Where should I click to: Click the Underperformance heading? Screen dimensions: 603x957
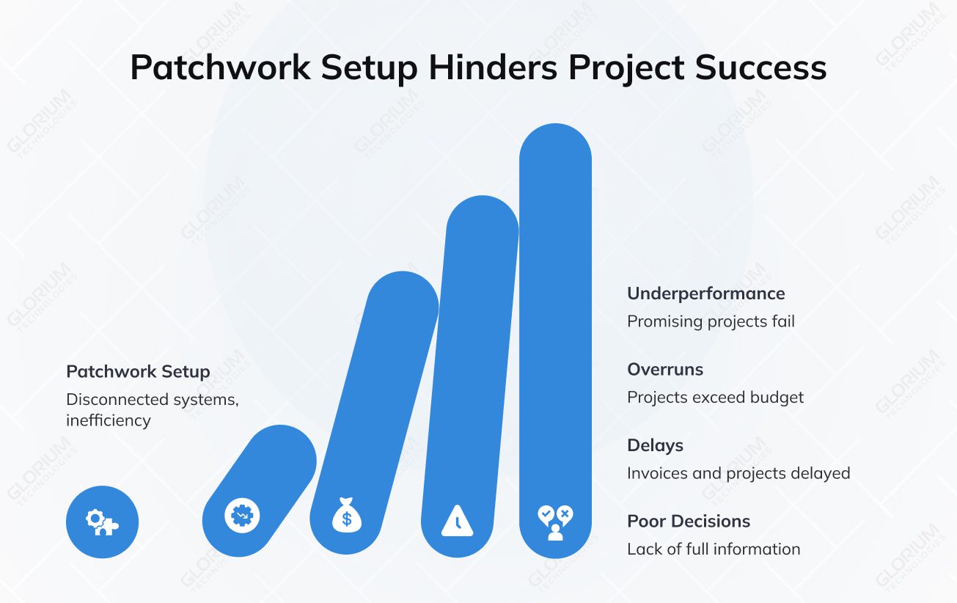705,293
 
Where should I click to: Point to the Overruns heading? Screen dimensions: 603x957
664,370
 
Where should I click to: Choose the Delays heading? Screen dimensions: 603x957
655,445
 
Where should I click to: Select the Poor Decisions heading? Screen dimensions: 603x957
688,522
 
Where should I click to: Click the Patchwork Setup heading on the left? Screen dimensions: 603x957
138,372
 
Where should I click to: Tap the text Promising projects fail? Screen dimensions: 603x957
711,321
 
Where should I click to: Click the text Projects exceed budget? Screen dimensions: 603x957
715,398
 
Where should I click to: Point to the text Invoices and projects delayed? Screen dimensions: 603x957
738,473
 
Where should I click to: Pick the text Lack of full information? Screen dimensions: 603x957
713,549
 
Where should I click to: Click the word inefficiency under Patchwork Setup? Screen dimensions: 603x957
108,420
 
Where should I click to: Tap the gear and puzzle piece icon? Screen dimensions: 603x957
102,522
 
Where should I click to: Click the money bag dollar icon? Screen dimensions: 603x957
346,516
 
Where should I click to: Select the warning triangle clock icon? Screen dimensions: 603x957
457,521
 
